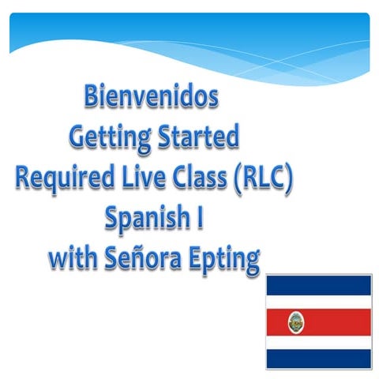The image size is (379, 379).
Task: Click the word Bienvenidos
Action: pyautogui.click(x=150, y=99)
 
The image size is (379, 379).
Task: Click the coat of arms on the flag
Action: pyautogui.click(x=296, y=321)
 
